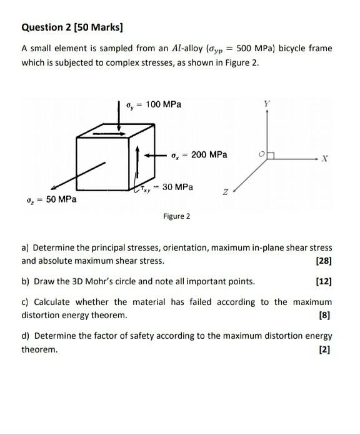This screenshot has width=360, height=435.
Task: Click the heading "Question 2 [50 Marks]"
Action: (72, 27)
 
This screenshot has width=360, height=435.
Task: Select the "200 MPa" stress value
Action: (209, 154)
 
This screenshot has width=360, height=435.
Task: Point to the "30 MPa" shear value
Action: (177, 187)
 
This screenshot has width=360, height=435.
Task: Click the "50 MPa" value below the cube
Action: (61, 199)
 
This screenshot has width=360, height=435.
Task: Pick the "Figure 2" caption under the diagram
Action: (177, 216)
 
